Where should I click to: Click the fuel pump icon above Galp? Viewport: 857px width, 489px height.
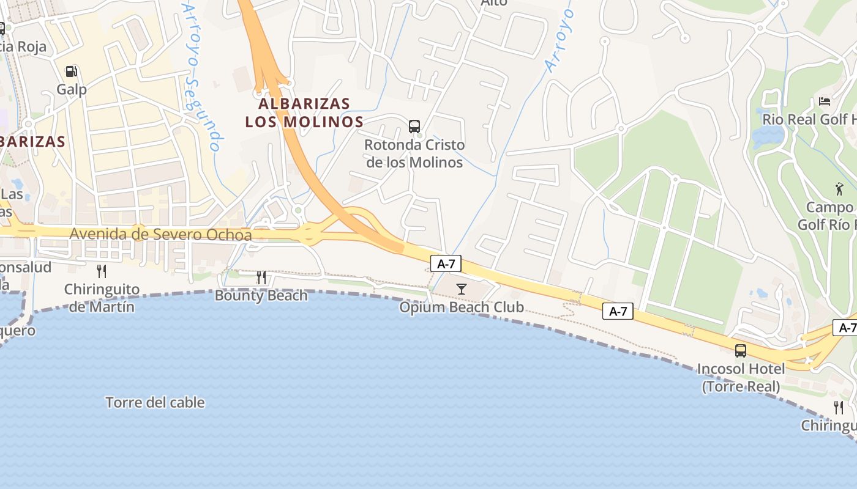point(72,72)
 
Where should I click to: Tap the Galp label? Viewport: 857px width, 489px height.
point(72,89)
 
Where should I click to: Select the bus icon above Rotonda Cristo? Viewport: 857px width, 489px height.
point(414,127)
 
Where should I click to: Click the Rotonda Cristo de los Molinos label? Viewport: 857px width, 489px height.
point(414,153)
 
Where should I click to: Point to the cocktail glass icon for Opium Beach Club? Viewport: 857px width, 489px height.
point(462,289)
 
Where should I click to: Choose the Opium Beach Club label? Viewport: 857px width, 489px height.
point(462,307)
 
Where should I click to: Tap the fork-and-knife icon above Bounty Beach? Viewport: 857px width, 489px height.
point(261,278)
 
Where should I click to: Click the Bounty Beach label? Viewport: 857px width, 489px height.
point(261,296)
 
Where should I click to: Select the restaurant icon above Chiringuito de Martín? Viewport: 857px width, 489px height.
point(102,271)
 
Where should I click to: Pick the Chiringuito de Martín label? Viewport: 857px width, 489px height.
point(102,298)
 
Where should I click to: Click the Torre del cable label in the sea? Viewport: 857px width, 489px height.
point(155,402)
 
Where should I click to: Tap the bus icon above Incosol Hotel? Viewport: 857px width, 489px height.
point(741,351)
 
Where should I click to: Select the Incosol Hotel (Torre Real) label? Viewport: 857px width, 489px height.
point(741,378)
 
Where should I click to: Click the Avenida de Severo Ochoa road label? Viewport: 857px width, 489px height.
point(160,234)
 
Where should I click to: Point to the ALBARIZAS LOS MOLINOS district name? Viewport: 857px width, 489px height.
point(304,112)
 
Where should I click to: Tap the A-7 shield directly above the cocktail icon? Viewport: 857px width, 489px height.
point(446,264)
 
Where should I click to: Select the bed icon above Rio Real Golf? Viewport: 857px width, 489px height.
point(825,101)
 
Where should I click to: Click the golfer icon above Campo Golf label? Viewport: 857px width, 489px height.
point(839,189)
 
